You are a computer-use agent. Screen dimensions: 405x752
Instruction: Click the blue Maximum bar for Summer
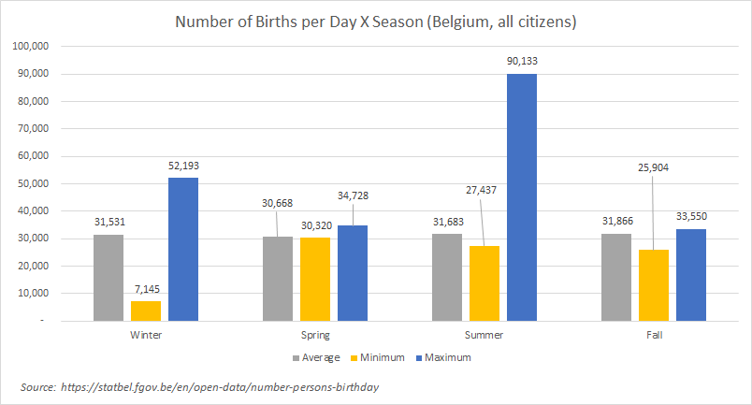[x=522, y=196]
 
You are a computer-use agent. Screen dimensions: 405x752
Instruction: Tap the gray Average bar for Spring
[x=277, y=278]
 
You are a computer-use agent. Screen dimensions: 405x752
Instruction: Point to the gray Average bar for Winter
[x=108, y=277]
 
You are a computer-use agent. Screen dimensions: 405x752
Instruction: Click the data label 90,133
[x=522, y=62]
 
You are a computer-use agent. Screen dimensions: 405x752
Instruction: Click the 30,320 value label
[x=315, y=224]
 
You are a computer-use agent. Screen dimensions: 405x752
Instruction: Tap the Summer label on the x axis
[x=483, y=334]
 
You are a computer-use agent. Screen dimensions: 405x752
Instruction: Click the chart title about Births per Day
[x=376, y=22]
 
